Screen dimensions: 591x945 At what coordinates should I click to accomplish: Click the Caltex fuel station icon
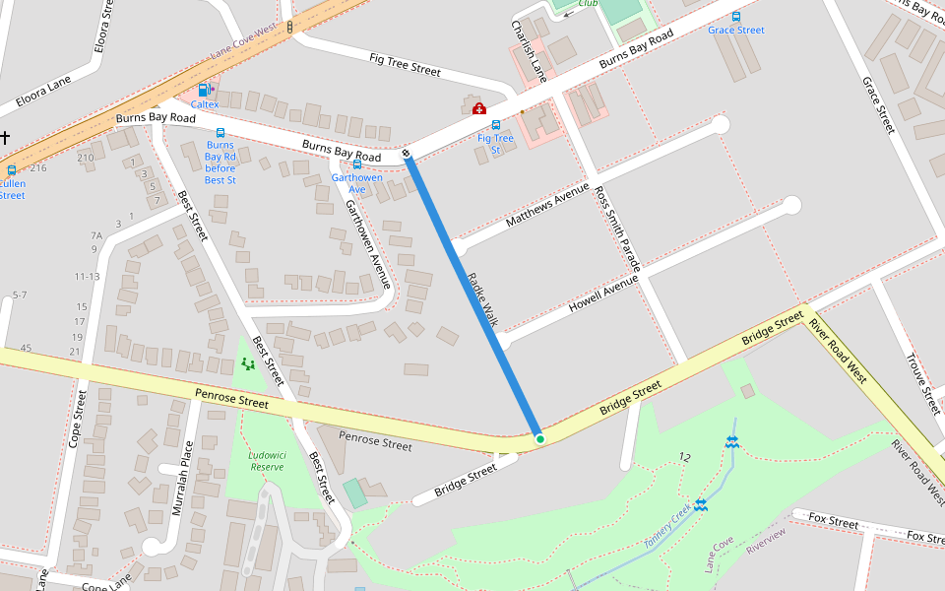click(x=204, y=90)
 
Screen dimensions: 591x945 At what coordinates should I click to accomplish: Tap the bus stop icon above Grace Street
click(x=735, y=17)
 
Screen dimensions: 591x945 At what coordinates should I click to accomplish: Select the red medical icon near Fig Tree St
click(x=479, y=108)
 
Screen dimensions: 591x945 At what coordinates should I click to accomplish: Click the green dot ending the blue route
click(x=539, y=438)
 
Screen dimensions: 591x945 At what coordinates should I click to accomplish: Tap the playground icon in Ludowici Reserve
click(x=248, y=364)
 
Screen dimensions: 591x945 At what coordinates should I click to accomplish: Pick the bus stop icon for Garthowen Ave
click(x=356, y=164)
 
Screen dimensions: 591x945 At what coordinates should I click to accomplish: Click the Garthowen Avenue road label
click(x=368, y=244)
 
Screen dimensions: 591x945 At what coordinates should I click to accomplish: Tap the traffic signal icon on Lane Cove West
click(x=289, y=27)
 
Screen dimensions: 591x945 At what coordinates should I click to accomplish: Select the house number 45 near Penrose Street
click(x=26, y=348)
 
